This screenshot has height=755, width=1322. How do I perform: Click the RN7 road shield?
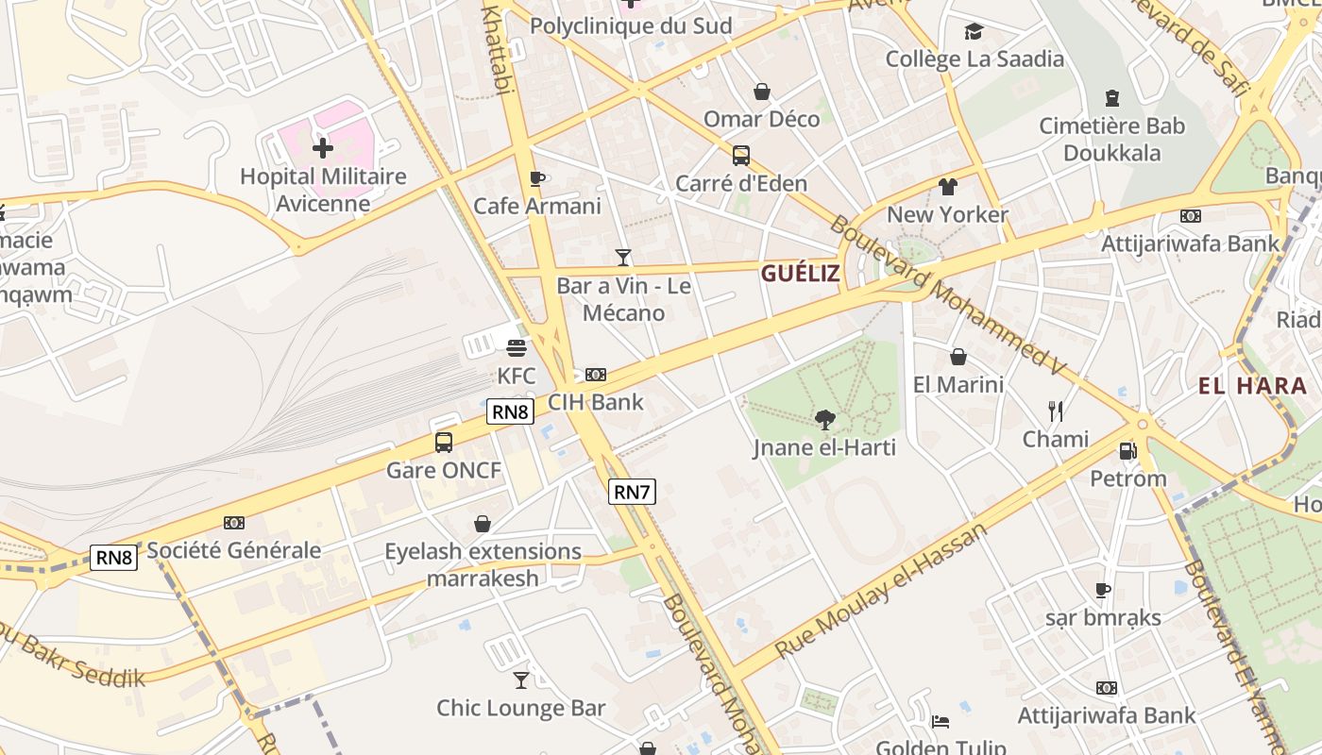[632, 492]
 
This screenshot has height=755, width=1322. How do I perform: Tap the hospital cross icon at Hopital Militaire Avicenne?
[323, 148]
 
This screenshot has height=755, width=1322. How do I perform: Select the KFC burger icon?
[516, 348]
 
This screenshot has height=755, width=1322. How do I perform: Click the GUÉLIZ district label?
[800, 274]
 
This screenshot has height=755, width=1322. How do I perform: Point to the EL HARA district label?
[1252, 385]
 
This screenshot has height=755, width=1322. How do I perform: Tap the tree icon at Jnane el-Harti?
[824, 419]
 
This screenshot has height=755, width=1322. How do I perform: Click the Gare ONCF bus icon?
[444, 442]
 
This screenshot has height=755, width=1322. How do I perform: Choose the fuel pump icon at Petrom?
[1127, 450]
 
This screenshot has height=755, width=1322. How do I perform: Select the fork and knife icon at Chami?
[1056, 411]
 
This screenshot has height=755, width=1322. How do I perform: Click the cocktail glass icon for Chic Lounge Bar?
[521, 679]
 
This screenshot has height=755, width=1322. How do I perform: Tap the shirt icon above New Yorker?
[948, 187]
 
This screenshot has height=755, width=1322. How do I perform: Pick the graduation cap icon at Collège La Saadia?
[974, 32]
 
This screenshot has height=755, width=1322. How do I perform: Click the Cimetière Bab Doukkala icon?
[1112, 98]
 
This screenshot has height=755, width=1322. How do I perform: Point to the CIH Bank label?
[596, 402]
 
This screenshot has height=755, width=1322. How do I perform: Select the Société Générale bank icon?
[234, 523]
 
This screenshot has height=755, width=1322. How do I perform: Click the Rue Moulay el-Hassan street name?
[880, 591]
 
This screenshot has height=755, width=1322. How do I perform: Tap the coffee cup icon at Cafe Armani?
[537, 178]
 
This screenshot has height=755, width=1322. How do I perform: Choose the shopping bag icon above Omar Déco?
[762, 92]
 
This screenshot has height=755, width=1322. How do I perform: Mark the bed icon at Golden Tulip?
[940, 722]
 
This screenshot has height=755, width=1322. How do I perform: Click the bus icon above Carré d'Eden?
[741, 156]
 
